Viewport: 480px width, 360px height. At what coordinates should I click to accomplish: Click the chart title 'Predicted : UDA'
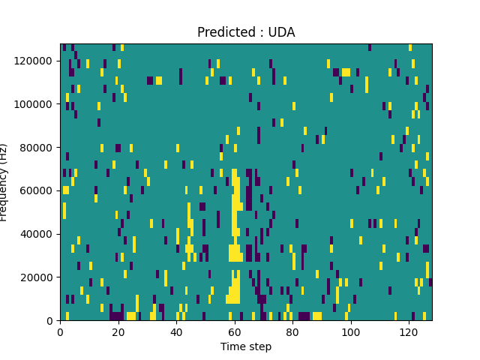tap(246, 32)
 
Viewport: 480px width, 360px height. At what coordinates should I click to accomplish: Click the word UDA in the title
tap(282, 32)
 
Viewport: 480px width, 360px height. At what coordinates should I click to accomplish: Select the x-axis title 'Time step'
tap(246, 346)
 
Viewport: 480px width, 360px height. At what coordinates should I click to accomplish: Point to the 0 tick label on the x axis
tap(60, 331)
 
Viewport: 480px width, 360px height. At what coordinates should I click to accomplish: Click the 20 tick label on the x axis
tap(118, 331)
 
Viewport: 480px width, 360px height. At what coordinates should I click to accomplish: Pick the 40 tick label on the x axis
tap(176, 331)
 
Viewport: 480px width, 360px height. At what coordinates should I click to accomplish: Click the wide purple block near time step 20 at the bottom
tap(117, 316)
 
